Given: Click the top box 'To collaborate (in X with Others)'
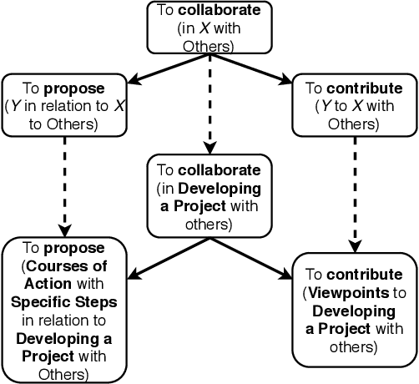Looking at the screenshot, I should point(209,27).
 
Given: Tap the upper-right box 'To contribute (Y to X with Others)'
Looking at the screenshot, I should point(355,106).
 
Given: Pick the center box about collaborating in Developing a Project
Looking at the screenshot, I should point(209,194).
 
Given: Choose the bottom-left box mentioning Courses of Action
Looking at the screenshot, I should point(64,309).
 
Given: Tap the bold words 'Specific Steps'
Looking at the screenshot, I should point(64,301).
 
